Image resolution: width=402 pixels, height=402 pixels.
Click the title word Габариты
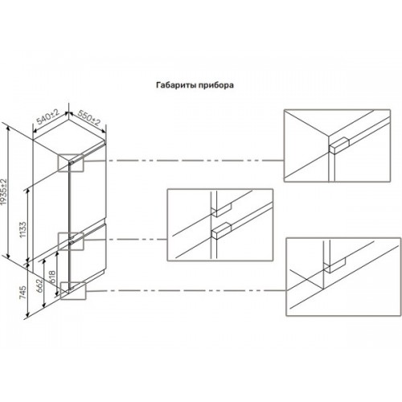[174, 85]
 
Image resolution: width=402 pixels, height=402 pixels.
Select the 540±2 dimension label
[48, 117]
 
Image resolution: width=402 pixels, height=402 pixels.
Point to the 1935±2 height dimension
[4, 192]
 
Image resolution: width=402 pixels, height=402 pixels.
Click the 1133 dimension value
[23, 229]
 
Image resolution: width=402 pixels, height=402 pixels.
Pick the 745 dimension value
[23, 293]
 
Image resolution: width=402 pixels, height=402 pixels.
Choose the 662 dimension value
[39, 286]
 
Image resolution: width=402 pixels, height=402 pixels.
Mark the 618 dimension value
[51, 277]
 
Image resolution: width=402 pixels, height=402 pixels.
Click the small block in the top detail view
[339, 146]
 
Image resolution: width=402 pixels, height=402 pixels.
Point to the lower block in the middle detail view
[221, 231]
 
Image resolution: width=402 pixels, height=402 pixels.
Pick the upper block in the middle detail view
[221, 210]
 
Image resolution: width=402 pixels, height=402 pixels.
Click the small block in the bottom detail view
[335, 265]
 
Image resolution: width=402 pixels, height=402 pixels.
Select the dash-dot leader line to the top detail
[183, 161]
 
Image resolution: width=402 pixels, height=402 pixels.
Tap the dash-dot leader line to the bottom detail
[186, 291]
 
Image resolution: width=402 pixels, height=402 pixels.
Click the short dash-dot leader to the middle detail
[125, 240]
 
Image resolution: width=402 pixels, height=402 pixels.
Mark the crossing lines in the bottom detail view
[306, 280]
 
